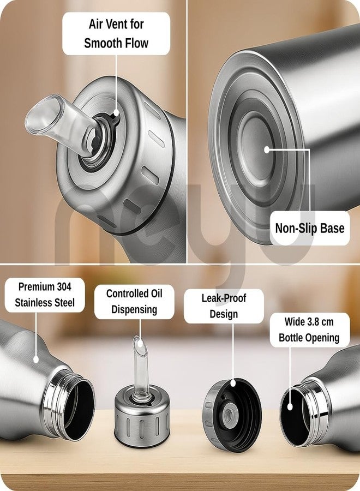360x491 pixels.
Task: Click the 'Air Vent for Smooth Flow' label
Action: coord(116,33)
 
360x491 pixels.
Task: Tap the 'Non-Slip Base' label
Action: coord(310,228)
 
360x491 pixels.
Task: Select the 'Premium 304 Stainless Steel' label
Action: coord(45,295)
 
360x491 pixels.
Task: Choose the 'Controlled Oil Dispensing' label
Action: coord(134,302)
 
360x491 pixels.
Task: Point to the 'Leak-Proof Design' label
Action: coord(224,306)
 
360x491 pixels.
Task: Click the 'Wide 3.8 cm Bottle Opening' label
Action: coord(309,330)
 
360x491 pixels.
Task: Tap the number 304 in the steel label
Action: coord(64,286)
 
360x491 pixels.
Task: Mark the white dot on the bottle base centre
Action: coord(267,149)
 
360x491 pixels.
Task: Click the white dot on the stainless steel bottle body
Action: coord(36,359)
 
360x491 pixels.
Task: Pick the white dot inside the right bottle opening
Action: coord(290,407)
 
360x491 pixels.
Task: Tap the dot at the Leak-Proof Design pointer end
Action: coord(233,382)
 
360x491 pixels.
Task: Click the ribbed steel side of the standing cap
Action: coord(142,427)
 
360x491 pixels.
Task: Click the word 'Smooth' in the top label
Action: coord(103,43)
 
